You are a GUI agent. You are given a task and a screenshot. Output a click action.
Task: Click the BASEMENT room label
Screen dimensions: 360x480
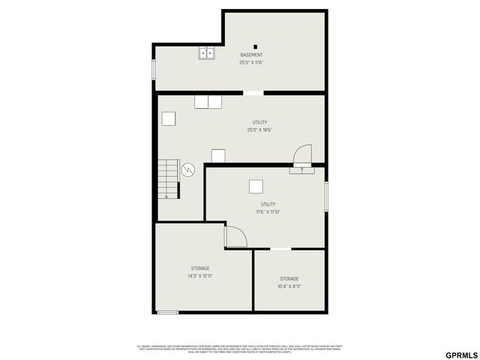pyautogui.click(x=251, y=55)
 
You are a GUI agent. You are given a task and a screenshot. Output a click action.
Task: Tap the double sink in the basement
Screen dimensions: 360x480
pyautogui.click(x=207, y=53)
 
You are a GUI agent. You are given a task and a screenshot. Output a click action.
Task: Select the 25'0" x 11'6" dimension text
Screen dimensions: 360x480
pyautogui.click(x=251, y=63)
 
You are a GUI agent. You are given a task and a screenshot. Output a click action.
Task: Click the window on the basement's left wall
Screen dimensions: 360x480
pyautogui.click(x=154, y=69)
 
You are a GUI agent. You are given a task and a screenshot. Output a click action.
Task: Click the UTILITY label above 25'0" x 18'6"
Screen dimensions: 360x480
pyautogui.click(x=259, y=122)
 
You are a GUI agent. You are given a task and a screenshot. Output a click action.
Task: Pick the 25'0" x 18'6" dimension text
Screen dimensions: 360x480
pyautogui.click(x=259, y=130)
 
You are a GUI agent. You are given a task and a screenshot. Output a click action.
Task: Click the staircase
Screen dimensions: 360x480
pyautogui.click(x=168, y=179)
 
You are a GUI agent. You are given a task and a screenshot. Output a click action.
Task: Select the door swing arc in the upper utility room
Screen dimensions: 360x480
pyautogui.click(x=301, y=154)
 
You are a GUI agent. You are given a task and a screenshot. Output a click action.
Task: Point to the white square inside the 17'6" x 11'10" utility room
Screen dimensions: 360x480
pyautogui.click(x=256, y=187)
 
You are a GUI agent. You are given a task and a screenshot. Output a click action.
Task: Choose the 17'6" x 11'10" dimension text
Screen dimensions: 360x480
pyautogui.click(x=268, y=211)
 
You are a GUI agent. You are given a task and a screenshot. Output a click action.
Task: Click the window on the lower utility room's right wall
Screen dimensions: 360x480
pyautogui.click(x=326, y=196)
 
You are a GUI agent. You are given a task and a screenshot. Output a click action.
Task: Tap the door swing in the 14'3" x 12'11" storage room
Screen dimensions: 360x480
pyautogui.click(x=235, y=237)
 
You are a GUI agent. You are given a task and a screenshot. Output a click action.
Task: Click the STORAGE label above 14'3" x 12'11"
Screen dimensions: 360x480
pyautogui.click(x=200, y=268)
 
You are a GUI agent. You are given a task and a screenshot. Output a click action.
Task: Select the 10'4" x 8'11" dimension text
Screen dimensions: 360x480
pyautogui.click(x=289, y=286)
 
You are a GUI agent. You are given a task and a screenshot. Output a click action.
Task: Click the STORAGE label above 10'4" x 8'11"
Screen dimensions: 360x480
pyautogui.click(x=289, y=278)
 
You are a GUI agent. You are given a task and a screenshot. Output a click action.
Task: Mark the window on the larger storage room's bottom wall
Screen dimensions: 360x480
pyautogui.click(x=167, y=312)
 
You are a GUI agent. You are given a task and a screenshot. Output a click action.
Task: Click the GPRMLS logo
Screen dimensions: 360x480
pyautogui.click(x=461, y=355)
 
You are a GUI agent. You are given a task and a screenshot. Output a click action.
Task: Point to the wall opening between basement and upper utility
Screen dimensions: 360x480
pyautogui.click(x=253, y=93)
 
